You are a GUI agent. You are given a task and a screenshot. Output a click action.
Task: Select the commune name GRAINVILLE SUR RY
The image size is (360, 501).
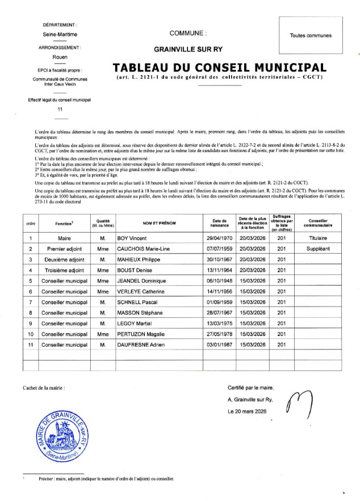188,49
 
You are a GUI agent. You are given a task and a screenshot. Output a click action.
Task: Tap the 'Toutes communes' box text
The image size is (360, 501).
311,35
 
